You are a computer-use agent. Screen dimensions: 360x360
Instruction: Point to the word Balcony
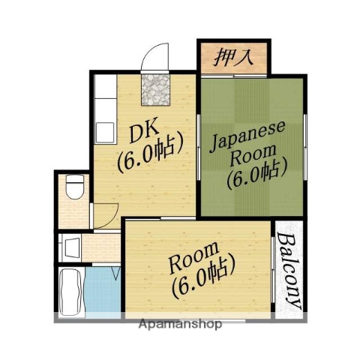pos(289,271)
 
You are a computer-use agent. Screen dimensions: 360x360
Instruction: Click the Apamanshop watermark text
pos(180,325)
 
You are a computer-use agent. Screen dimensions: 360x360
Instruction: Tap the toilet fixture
pos(73,187)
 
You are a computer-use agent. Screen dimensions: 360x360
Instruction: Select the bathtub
pos(71,292)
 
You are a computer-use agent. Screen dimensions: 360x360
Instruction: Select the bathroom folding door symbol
pos(114,272)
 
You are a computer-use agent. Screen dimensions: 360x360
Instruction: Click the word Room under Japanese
pos(247,159)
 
